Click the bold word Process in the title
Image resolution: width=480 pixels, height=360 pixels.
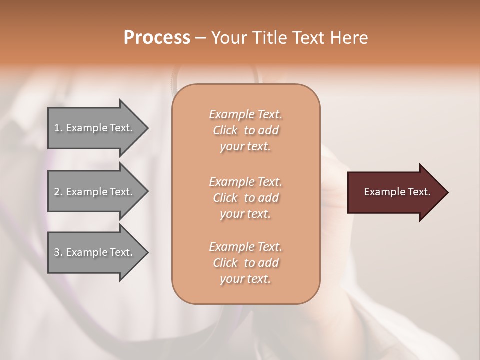157,38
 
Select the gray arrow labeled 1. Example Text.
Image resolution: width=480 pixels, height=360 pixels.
95,128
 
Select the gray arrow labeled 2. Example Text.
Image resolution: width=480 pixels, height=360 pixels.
95,192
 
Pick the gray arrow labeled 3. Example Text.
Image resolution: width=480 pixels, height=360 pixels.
95,252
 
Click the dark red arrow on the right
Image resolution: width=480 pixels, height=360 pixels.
395,192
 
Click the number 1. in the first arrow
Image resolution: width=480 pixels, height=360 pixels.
58,128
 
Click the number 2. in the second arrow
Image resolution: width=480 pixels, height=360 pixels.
58,192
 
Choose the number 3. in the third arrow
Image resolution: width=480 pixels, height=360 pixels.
58,252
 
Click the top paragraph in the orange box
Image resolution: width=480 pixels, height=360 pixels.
245,130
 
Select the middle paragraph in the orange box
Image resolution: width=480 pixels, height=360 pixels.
245,197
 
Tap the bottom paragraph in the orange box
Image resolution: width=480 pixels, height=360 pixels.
245,263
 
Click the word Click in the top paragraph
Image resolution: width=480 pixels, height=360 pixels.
225,130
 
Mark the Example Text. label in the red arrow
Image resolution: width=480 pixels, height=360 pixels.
397,192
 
